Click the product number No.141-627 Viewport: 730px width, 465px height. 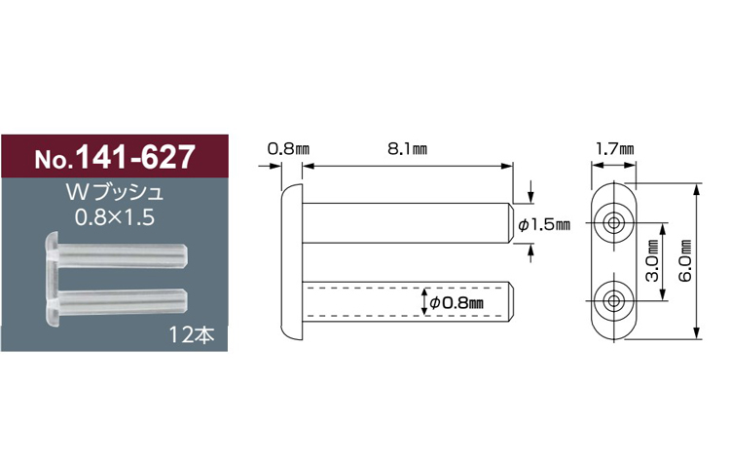click(114, 157)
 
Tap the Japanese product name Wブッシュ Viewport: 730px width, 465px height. click(115, 192)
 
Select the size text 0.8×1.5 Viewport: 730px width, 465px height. click(115, 217)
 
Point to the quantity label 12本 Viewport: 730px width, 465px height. click(192, 334)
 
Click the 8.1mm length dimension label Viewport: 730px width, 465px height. click(408, 149)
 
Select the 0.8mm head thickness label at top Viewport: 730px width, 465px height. click(288, 149)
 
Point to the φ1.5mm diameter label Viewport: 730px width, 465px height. click(544, 225)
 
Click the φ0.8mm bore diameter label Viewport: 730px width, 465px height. click(456, 303)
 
